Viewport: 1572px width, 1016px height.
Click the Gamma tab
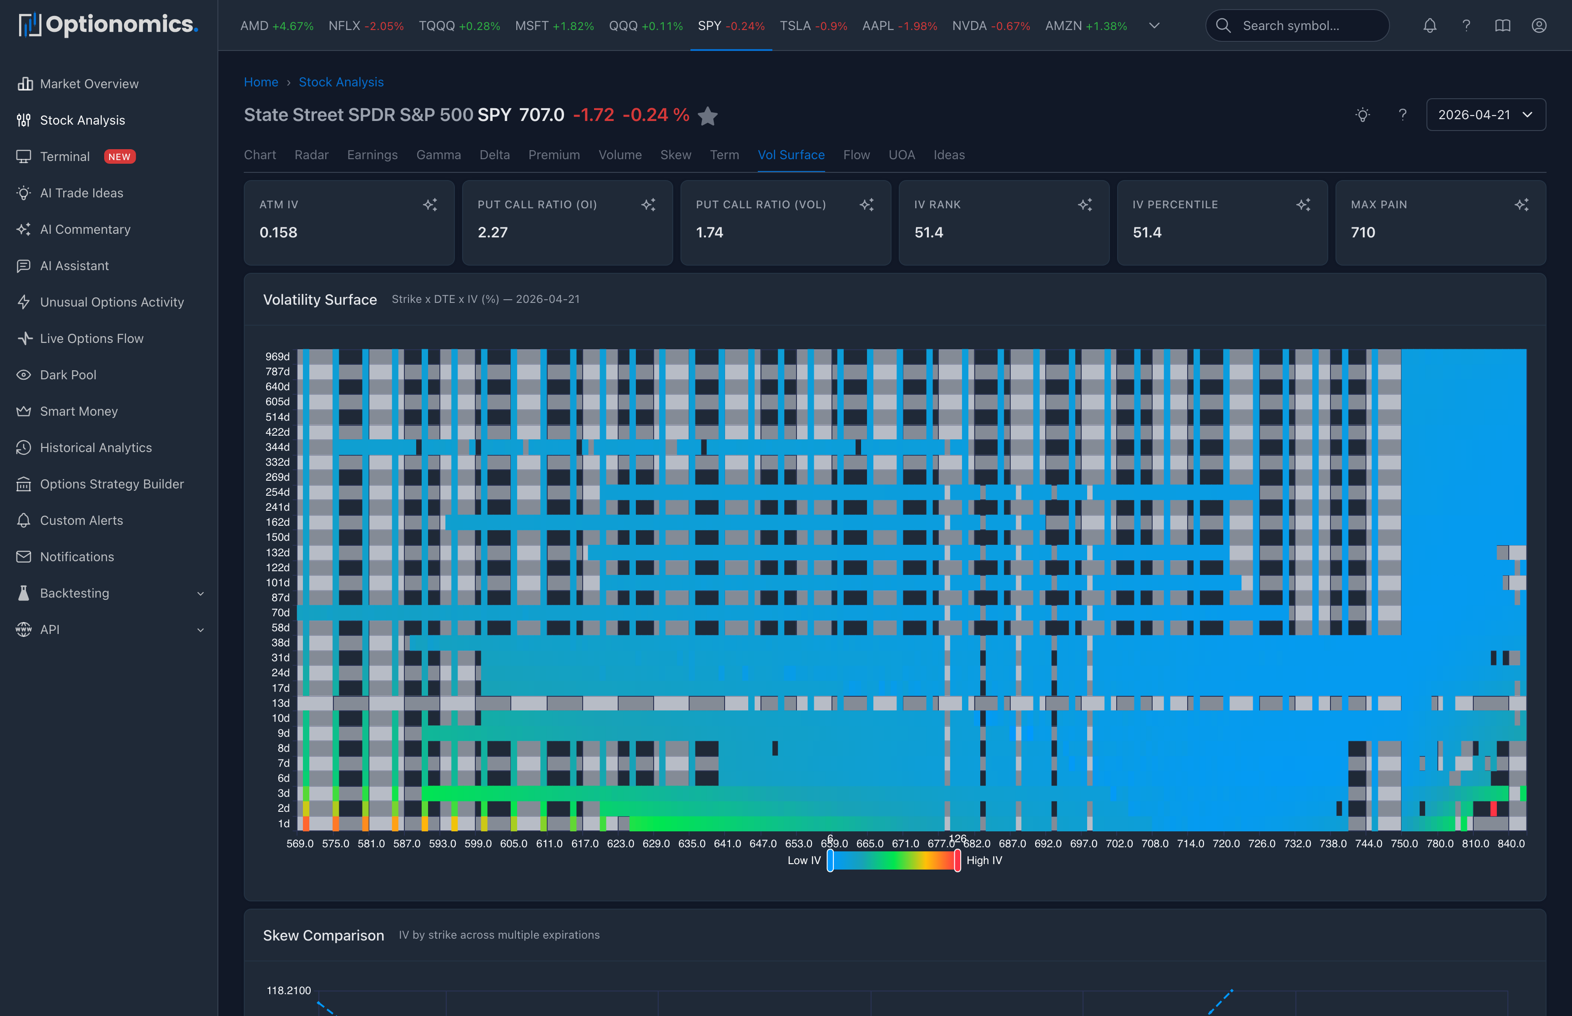438,155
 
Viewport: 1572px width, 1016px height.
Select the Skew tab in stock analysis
675,155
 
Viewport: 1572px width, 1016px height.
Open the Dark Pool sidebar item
68,375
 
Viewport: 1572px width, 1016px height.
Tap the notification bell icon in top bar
1430,26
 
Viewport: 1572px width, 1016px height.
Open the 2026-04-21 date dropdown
1485,115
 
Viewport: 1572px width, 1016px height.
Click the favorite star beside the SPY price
708,116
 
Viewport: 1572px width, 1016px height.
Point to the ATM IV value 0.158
278,232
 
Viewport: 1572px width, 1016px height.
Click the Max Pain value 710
1363,232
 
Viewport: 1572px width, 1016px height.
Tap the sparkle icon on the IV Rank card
1084,205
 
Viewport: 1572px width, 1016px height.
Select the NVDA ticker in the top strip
990,26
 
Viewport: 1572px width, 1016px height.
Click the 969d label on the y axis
277,356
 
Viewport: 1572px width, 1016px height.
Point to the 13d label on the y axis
280,703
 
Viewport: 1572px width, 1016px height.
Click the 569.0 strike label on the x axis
300,844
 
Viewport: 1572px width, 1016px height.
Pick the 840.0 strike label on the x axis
1511,844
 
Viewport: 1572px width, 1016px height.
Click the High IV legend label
983,860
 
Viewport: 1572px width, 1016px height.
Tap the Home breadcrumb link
261,82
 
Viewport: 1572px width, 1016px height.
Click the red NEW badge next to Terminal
119,157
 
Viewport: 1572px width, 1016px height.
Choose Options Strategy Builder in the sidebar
111,484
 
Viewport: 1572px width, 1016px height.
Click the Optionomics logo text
121,25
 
